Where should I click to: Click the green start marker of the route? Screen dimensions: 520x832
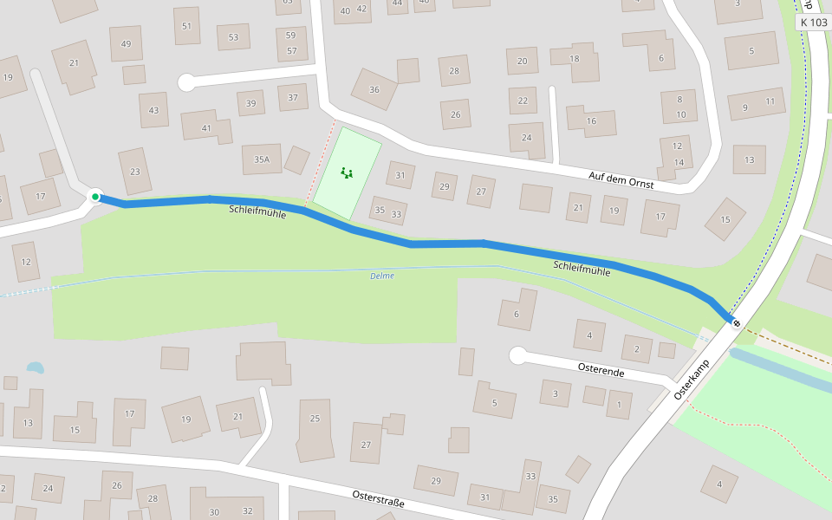(x=95, y=198)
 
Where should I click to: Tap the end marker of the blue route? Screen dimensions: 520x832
(x=737, y=324)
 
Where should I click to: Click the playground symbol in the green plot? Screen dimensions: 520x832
(x=347, y=172)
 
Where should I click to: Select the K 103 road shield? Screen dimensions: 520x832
(x=814, y=23)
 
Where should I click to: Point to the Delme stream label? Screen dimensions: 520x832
(x=381, y=276)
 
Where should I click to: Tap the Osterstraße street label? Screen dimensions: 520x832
(x=378, y=498)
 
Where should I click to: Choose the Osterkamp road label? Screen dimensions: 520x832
(x=691, y=380)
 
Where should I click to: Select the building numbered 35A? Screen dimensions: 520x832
(x=262, y=159)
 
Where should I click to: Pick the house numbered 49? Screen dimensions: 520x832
(x=127, y=44)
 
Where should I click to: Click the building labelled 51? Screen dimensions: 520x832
(x=186, y=26)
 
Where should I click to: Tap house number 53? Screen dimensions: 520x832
(x=233, y=37)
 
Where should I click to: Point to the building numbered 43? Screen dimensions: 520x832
(x=153, y=110)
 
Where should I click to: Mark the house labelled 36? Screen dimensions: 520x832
(x=374, y=89)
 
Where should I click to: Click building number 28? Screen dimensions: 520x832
(x=453, y=70)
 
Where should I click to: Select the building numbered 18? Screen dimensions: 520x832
(x=575, y=59)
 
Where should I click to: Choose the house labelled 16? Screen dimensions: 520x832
(x=591, y=120)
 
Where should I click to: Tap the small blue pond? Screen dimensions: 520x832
(x=35, y=367)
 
